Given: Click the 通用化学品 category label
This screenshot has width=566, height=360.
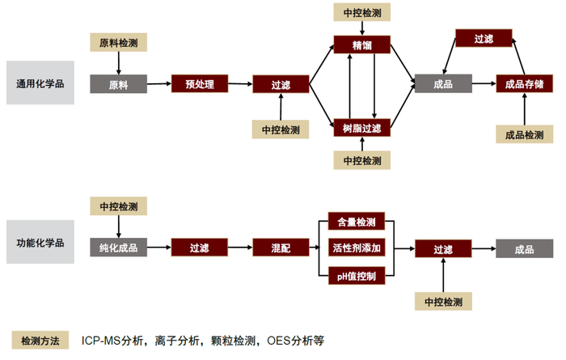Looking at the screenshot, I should [40, 83].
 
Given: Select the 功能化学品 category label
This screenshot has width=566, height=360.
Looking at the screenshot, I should [40, 243].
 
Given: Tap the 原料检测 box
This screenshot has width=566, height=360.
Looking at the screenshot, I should [119, 41].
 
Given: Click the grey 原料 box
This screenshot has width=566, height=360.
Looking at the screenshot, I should [119, 83].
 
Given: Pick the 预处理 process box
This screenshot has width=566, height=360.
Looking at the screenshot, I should [199, 83].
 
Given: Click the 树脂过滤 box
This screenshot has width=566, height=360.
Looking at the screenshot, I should [362, 127].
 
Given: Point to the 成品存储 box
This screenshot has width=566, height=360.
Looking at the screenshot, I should [524, 83].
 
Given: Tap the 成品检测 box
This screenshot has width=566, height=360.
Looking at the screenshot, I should [524, 135].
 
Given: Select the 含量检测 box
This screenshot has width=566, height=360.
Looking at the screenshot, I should [357, 222].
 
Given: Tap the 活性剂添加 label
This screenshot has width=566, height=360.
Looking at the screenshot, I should [357, 248].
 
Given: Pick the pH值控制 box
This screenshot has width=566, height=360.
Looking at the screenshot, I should [357, 277].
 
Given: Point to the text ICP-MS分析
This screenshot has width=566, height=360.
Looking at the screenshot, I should [112, 341].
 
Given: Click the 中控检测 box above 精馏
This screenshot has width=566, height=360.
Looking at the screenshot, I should [362, 12].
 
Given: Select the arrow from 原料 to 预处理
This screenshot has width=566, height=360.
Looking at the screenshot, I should [159, 83].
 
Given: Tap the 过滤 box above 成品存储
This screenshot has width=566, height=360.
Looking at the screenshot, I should [484, 38].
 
